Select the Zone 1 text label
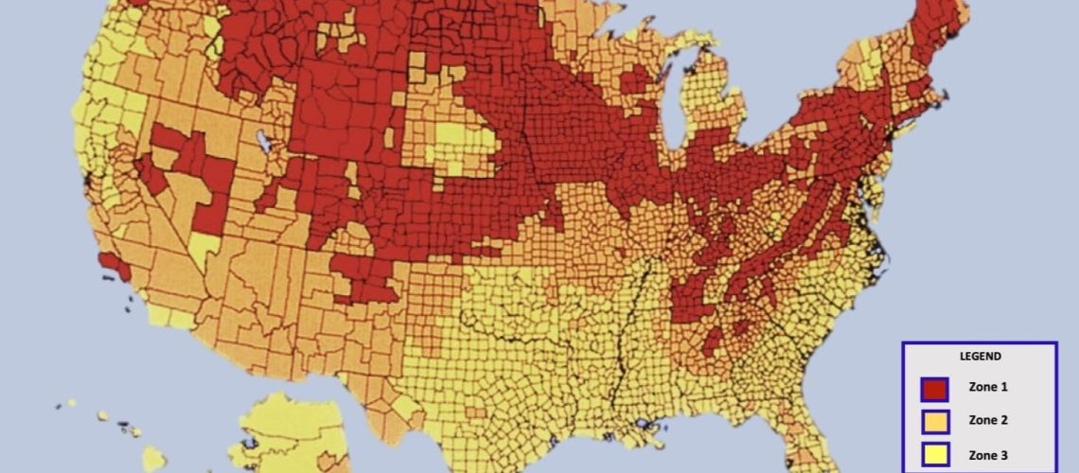pyautogui.click(x=988, y=387)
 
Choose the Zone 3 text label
pyautogui.click(x=988, y=455)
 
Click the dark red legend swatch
pyautogui.click(x=933, y=388)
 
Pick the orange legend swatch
pyautogui.click(x=933, y=421)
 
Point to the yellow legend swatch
pyautogui.click(x=933, y=455)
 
